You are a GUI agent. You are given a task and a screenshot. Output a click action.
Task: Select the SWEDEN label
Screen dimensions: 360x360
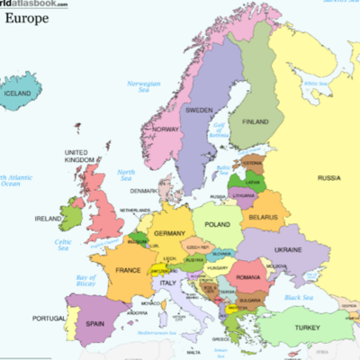pos(199,111)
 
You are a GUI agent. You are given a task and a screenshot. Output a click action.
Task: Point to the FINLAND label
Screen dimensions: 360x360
pos(256,121)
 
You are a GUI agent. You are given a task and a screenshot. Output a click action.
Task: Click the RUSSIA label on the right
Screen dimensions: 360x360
pos(329,178)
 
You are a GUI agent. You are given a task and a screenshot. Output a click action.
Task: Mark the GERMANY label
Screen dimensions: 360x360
pos(169,233)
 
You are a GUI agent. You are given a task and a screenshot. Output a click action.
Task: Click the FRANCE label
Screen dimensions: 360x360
pos(126,269)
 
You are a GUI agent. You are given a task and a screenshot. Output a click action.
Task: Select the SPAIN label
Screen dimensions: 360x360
pos(95,323)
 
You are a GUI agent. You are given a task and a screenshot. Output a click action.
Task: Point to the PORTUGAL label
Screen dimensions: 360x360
pos(49,318)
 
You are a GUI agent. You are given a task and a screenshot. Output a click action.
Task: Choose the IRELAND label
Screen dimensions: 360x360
pos(48,219)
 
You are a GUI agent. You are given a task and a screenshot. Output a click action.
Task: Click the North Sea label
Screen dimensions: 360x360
pos(125,175)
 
